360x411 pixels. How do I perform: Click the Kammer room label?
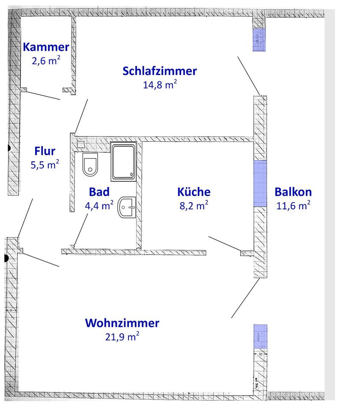[x=46, y=47]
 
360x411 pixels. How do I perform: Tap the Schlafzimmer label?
[x=160, y=71]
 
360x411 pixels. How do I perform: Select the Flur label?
[x=45, y=151]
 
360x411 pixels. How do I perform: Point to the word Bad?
[x=99, y=191]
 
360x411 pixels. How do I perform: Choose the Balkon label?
[x=293, y=191]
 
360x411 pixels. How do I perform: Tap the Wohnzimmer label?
[x=122, y=322]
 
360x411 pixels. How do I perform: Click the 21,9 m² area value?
[x=122, y=337]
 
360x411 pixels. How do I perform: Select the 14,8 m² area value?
[x=160, y=84]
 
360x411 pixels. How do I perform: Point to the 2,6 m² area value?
[x=46, y=60]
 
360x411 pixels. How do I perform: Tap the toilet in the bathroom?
[x=90, y=165]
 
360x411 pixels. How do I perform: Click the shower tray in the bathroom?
[x=123, y=161]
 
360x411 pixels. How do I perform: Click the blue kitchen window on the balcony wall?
[x=260, y=183]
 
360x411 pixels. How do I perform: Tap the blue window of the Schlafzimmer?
[x=259, y=40]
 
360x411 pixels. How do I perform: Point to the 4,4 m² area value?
[x=99, y=205]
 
